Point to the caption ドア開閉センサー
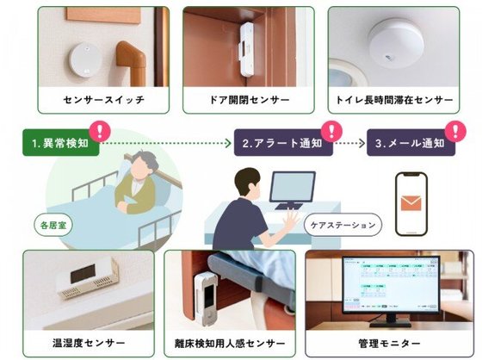point(249,100)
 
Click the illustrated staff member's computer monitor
point(293,189)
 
